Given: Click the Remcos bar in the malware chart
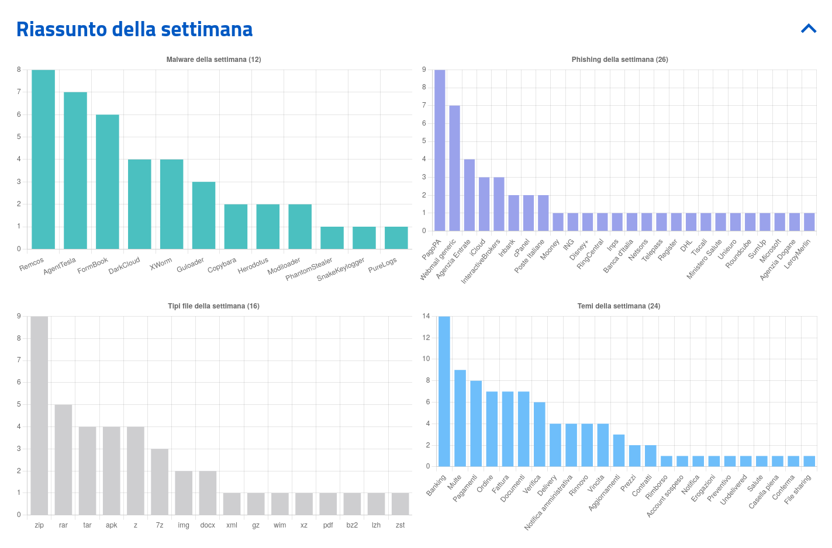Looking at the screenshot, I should [43, 159].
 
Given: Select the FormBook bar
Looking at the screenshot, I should [108, 182].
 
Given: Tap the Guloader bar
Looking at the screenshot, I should [203, 215].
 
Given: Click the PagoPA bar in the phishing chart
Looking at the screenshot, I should [440, 150].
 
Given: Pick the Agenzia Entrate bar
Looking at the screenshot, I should [469, 195].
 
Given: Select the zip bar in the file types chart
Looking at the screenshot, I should [39, 415].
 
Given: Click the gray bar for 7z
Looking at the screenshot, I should [160, 481].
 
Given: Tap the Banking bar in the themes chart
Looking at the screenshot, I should [444, 391].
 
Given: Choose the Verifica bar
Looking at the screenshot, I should [539, 434].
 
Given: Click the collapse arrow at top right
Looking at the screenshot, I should [809, 28].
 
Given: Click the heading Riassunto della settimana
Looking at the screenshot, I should [134, 29].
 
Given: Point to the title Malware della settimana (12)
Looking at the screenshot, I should [213, 60].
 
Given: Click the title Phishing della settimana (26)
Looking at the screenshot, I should [620, 60].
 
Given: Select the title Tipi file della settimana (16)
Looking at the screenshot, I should [213, 306].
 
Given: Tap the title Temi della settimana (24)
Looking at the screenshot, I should [619, 306].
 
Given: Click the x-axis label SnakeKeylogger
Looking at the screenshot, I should [341, 269].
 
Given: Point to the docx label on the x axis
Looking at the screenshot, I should [208, 525].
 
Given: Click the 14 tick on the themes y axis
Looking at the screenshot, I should [426, 316].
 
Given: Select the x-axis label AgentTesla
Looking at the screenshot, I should [60, 266].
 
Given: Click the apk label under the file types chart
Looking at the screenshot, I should [112, 525].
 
